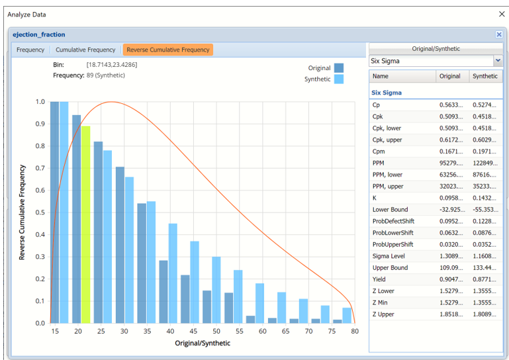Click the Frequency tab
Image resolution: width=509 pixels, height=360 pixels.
[30, 50]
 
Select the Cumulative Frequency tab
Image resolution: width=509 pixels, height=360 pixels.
[85, 50]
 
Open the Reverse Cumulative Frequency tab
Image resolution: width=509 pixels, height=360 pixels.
[167, 50]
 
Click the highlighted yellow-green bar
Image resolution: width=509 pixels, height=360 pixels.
[86, 224]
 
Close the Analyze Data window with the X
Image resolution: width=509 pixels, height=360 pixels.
[500, 14]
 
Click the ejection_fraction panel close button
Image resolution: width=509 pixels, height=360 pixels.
[498, 34]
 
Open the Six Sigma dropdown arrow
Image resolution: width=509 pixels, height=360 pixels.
[498, 61]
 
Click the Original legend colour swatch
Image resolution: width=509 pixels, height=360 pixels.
[339, 67]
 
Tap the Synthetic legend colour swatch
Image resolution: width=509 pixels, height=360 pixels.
[339, 79]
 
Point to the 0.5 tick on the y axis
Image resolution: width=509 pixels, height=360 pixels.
[40, 212]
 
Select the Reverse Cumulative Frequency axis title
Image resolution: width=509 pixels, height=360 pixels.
[22, 212]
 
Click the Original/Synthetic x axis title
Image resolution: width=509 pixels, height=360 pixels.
[203, 343]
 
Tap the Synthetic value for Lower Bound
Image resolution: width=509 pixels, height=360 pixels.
[485, 209]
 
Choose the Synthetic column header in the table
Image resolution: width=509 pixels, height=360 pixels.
[485, 76]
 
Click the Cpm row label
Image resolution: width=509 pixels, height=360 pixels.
[380, 152]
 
